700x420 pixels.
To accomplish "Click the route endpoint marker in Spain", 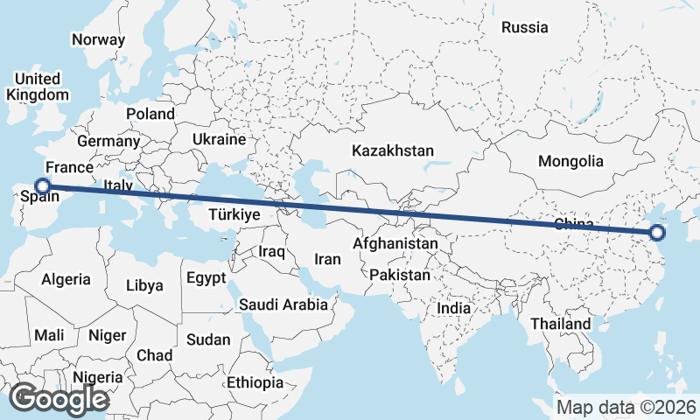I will click(x=41, y=185).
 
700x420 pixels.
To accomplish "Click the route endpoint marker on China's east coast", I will click(x=657, y=233).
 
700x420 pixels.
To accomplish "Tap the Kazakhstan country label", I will click(x=393, y=151).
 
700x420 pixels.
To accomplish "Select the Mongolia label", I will click(x=570, y=161).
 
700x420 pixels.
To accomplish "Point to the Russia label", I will click(x=525, y=27).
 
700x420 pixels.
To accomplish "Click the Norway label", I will click(x=98, y=39).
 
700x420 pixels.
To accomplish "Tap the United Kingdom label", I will click(x=37, y=87).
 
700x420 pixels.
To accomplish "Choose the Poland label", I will click(x=150, y=114).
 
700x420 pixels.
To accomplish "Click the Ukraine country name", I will click(x=220, y=139).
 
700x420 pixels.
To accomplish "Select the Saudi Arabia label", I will click(x=283, y=305).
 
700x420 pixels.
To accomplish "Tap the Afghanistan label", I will click(x=396, y=244).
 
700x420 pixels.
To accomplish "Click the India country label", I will click(x=454, y=308).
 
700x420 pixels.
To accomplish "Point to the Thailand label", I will click(x=560, y=324).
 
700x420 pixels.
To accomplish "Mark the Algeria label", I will click(x=66, y=279).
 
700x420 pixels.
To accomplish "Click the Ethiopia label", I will click(x=255, y=383).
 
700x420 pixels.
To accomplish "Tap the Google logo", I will click(x=59, y=399).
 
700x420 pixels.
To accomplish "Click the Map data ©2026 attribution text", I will click(x=626, y=407).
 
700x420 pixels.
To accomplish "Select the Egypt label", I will click(x=206, y=278).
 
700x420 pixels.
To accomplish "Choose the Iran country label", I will click(x=327, y=259).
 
